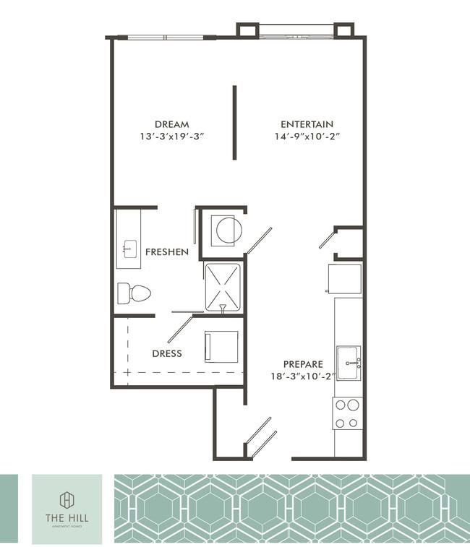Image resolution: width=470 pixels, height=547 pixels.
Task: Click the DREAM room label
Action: pyautogui.click(x=171, y=124)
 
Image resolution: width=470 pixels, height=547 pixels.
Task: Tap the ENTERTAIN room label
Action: pyautogui.click(x=307, y=124)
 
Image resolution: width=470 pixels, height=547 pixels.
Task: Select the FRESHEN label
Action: pyautogui.click(x=166, y=252)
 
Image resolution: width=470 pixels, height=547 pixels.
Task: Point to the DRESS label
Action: pyautogui.click(x=166, y=354)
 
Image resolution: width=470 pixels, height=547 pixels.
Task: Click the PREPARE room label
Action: pyautogui.click(x=303, y=364)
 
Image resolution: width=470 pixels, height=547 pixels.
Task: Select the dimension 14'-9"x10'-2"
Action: pyautogui.click(x=307, y=136)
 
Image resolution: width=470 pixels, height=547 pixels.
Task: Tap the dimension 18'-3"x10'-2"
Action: pyautogui.click(x=303, y=376)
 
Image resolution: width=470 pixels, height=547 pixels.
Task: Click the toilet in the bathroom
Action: pyautogui.click(x=134, y=293)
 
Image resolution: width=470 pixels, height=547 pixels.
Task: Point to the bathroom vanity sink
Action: pyautogui.click(x=128, y=249)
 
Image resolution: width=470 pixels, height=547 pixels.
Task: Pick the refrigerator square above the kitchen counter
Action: pyautogui.click(x=344, y=279)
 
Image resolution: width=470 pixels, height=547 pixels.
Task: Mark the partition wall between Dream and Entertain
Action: pyautogui.click(x=234, y=122)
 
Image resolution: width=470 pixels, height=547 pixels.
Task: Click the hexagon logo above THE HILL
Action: pyautogui.click(x=66, y=499)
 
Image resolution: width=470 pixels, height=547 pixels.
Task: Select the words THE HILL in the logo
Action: pyautogui.click(x=66, y=518)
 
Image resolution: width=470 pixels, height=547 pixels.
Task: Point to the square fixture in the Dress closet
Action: pyautogui.click(x=221, y=346)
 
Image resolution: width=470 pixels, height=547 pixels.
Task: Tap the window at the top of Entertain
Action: pyautogui.click(x=296, y=30)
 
